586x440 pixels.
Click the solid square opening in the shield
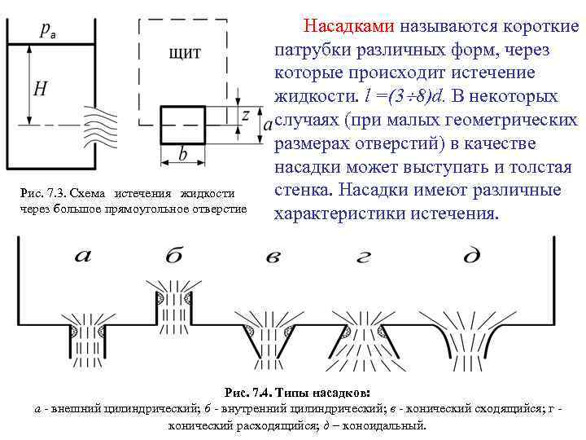coord(182,125)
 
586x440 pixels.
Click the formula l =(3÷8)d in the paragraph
coord(403,96)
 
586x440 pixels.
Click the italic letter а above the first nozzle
coord(84,256)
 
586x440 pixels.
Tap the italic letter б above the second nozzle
coord(173,257)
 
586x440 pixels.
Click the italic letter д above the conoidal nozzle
coord(471,257)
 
